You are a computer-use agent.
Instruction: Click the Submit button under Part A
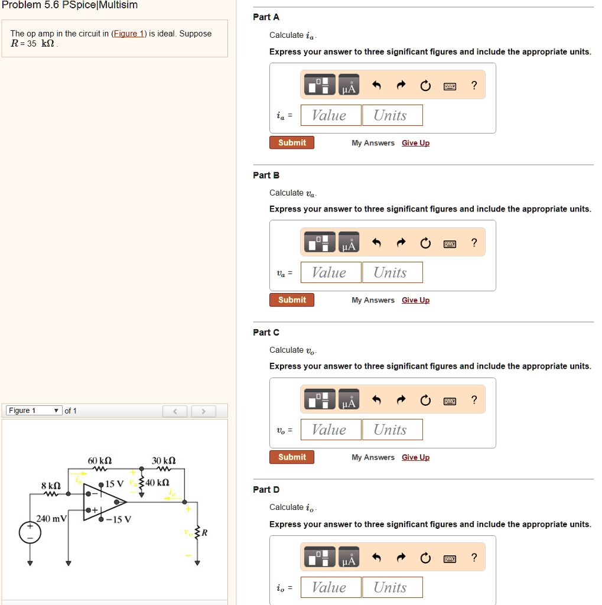(292, 143)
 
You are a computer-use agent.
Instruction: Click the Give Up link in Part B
(415, 300)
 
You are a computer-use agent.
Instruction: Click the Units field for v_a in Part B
(392, 272)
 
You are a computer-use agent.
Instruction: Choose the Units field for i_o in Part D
(392, 587)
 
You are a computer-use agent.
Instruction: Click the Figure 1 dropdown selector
(34, 411)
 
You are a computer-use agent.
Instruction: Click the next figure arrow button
(203, 411)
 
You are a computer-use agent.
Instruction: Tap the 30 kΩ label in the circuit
(164, 460)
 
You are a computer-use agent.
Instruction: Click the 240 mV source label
(51, 519)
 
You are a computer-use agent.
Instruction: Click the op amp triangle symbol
(103, 502)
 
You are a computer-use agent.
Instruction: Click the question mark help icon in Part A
(474, 86)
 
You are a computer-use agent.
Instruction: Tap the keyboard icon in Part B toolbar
(450, 243)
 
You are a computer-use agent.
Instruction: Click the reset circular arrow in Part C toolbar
(425, 401)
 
